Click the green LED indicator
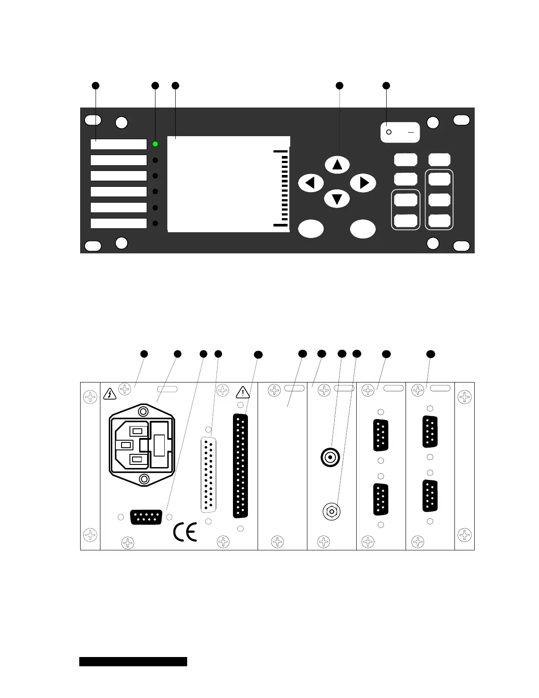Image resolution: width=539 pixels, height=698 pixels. pos(155,144)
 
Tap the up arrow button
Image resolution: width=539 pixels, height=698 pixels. pos(337,164)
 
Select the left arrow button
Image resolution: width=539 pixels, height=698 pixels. pos(311,183)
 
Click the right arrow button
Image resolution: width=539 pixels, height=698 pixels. pos(363,183)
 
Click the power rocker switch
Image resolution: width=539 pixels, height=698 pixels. pos(400,132)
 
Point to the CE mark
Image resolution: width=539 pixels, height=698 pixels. pos(185,532)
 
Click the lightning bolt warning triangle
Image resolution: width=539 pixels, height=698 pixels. pos(109,394)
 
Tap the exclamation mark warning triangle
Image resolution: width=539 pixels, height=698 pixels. pos(243,392)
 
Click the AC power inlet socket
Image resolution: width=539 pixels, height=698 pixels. pos(142,445)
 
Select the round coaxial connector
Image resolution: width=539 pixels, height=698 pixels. pos(330,458)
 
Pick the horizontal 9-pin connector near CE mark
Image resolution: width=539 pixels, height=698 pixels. pos(146,517)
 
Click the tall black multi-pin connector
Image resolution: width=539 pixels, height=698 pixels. pos(240,466)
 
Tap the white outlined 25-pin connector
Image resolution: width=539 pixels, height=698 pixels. pos(208,475)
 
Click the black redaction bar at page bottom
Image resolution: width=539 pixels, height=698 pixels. pos(133,661)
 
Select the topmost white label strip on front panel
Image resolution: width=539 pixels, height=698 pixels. pos(118,144)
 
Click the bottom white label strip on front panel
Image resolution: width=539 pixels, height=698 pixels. pos(118,223)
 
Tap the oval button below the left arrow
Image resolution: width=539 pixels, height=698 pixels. pos(311,229)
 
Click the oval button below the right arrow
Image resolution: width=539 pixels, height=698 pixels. pos(363,229)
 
